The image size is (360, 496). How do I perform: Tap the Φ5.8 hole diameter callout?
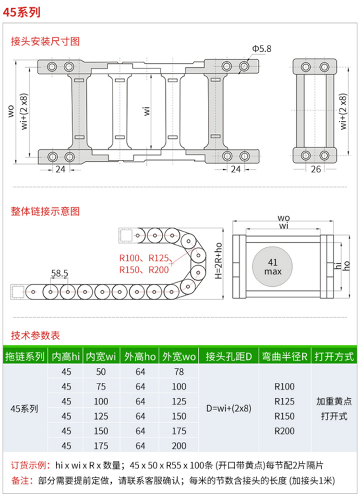[x=262, y=48]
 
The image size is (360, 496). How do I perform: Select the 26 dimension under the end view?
[x=316, y=169]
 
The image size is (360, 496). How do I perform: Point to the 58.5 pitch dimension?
[x=60, y=274]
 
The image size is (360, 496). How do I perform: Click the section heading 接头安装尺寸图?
[x=45, y=41]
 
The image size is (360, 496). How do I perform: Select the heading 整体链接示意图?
[x=45, y=211]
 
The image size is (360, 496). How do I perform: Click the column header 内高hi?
[x=66, y=356]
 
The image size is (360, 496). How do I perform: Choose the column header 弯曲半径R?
[x=284, y=356]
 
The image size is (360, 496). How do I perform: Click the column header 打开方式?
[x=334, y=356]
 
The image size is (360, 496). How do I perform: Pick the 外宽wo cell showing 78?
[x=179, y=372]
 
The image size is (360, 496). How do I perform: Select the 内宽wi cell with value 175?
[x=101, y=446]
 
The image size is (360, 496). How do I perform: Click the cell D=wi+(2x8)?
[x=228, y=409]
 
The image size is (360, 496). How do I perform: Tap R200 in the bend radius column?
[x=284, y=431]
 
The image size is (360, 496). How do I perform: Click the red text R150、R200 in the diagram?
[x=144, y=270]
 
